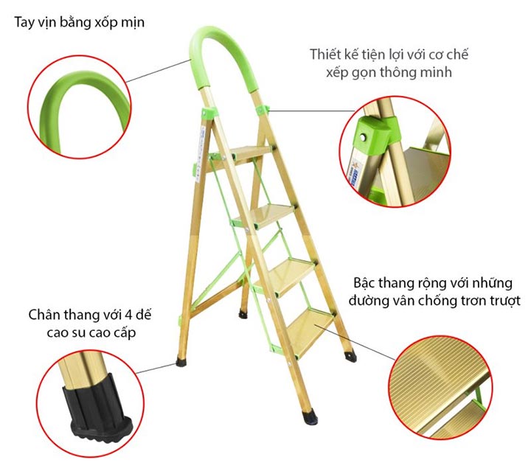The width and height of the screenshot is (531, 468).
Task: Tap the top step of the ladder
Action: tap(251, 153)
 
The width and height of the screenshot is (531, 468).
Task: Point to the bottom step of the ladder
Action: tap(310, 330)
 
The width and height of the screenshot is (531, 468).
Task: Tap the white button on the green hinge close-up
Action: tap(364, 138)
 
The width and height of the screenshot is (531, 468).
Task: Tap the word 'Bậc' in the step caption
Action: tap(364, 283)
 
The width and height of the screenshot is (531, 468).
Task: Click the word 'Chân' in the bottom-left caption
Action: tap(42, 315)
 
